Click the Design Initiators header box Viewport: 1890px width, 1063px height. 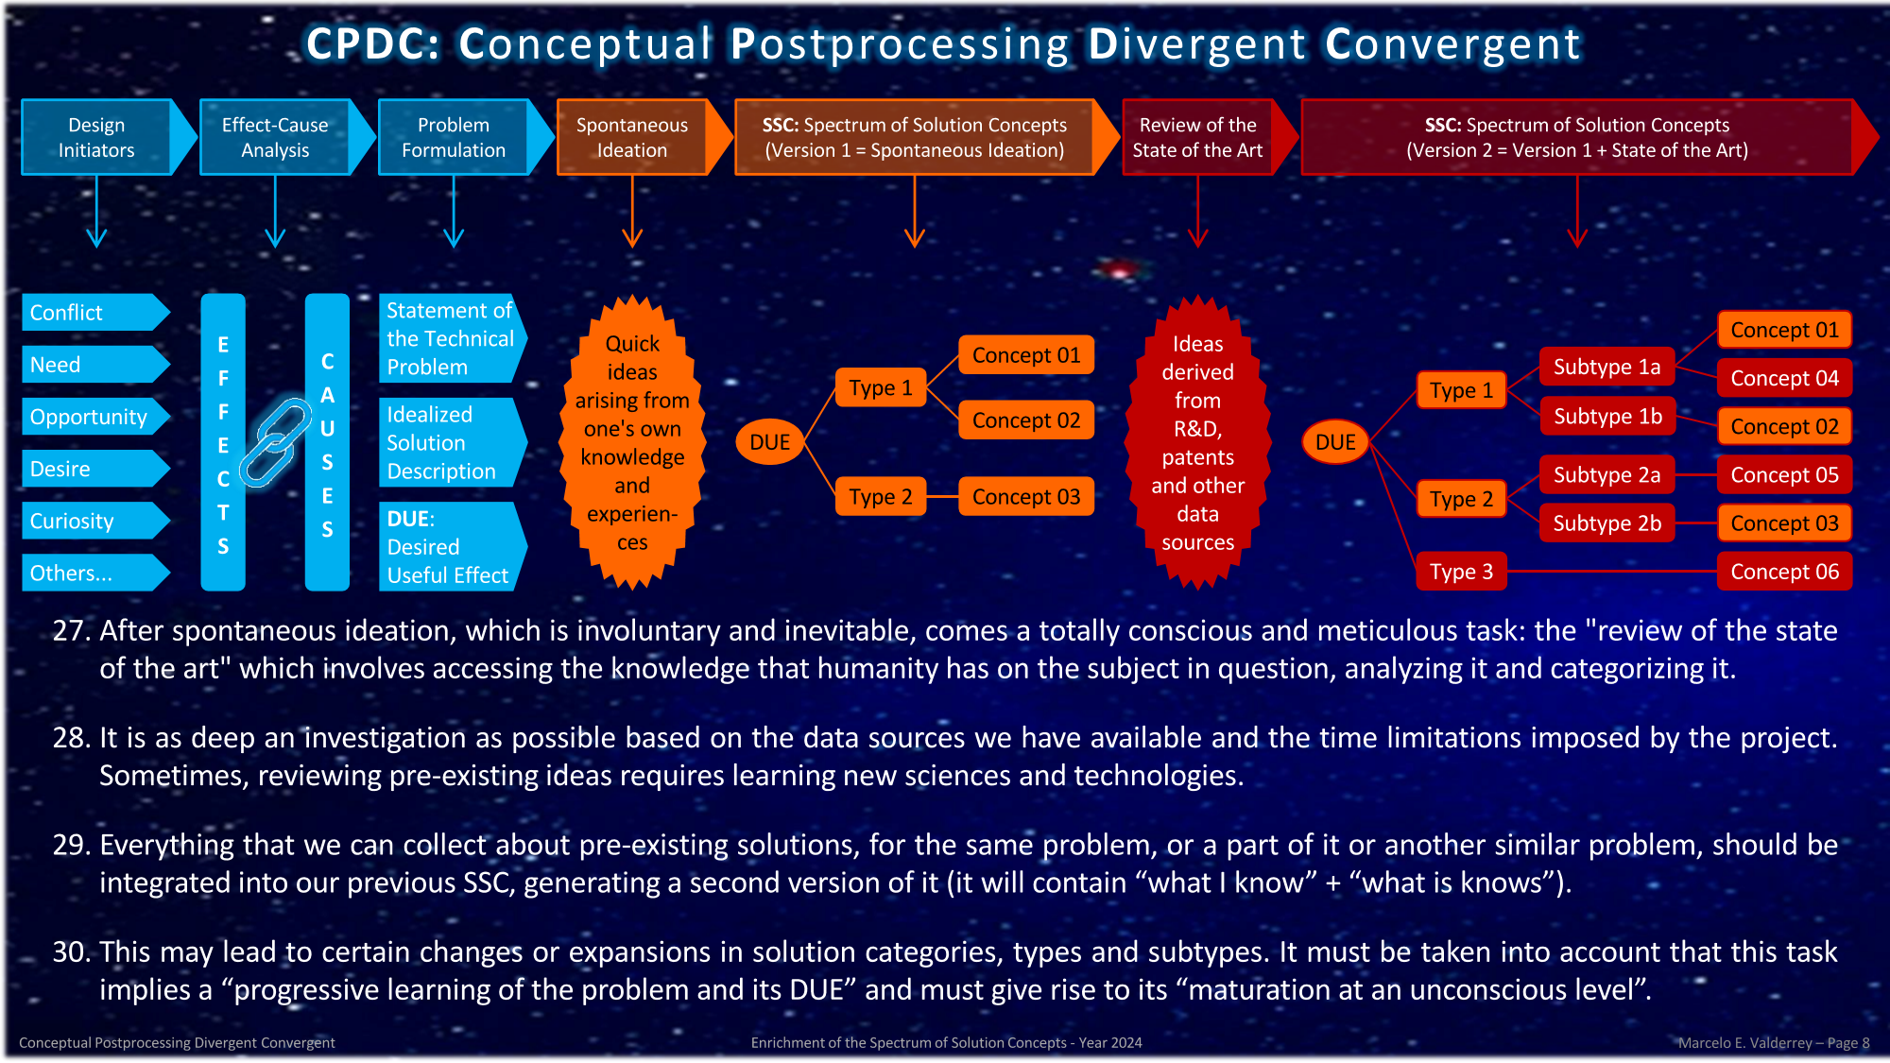pos(97,138)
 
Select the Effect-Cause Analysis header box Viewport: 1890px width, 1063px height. pos(275,138)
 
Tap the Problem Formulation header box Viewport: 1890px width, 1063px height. pos(454,138)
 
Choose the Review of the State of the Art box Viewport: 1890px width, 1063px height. pos(1197,138)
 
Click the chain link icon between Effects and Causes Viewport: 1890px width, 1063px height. pos(275,441)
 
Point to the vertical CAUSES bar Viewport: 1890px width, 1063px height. pos(327,442)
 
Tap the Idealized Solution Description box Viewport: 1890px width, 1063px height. pos(448,442)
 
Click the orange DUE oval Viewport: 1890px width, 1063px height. pos(769,442)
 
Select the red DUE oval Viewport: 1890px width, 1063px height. pos(1335,442)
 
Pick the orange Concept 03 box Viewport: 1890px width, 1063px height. pos(1026,497)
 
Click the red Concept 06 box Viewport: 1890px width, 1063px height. pos(1784,572)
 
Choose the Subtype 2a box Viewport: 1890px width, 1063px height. pos(1606,475)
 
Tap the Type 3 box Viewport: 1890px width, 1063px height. pos(1461,572)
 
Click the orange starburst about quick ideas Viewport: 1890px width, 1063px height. pos(632,442)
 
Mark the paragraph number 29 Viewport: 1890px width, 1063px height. pos(71,845)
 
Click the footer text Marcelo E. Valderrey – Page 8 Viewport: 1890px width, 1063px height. pos(1773,1043)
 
